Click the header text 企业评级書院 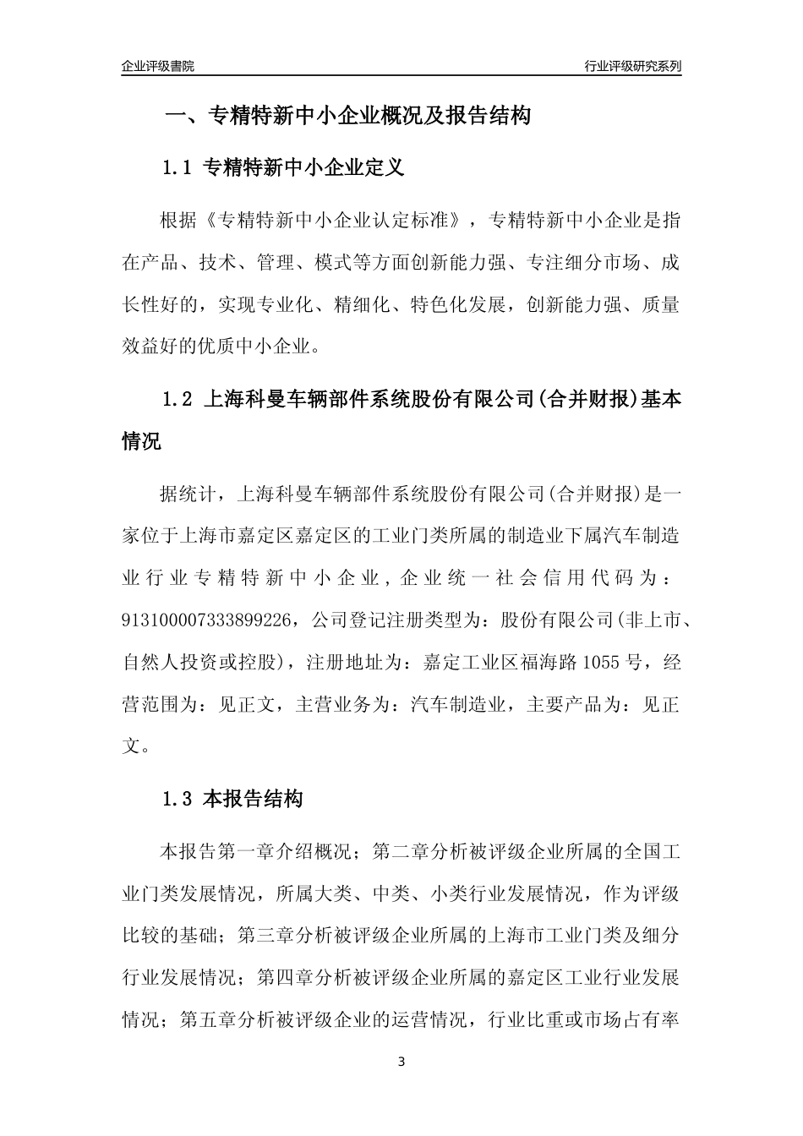pyautogui.click(x=158, y=66)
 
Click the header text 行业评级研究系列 pyautogui.click(x=632, y=66)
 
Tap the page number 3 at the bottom pyautogui.click(x=401, y=1061)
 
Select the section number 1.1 pyautogui.click(x=177, y=168)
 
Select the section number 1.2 pyautogui.click(x=177, y=399)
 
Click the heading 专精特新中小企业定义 pyautogui.click(x=304, y=168)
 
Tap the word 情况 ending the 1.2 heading pyautogui.click(x=141, y=441)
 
